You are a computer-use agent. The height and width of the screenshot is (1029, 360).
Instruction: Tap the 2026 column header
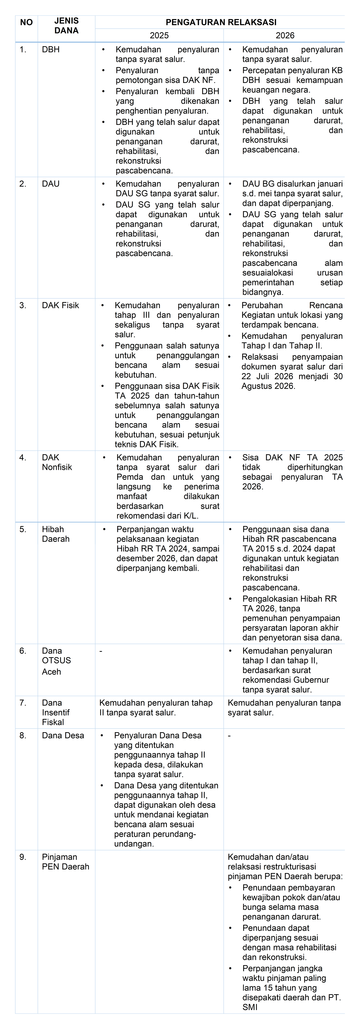pyautogui.click(x=285, y=36)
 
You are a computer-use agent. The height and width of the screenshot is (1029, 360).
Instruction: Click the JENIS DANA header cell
pyautogui.click(x=66, y=26)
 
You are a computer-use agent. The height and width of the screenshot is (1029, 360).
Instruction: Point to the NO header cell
pyautogui.click(x=26, y=22)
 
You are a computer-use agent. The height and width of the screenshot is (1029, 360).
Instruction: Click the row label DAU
pyautogui.click(x=50, y=184)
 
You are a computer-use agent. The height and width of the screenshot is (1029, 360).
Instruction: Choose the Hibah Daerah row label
pyautogui.click(x=56, y=534)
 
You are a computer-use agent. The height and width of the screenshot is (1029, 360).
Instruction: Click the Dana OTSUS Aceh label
pyautogui.click(x=56, y=661)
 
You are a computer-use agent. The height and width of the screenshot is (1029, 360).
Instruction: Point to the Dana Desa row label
pyautogui.click(x=63, y=735)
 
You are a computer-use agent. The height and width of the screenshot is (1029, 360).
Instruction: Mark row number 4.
pyautogui.click(x=23, y=457)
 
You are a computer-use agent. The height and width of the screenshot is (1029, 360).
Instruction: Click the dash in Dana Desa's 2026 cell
pyautogui.click(x=229, y=735)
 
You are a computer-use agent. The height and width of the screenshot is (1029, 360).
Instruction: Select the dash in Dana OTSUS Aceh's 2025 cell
pyautogui.click(x=101, y=651)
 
